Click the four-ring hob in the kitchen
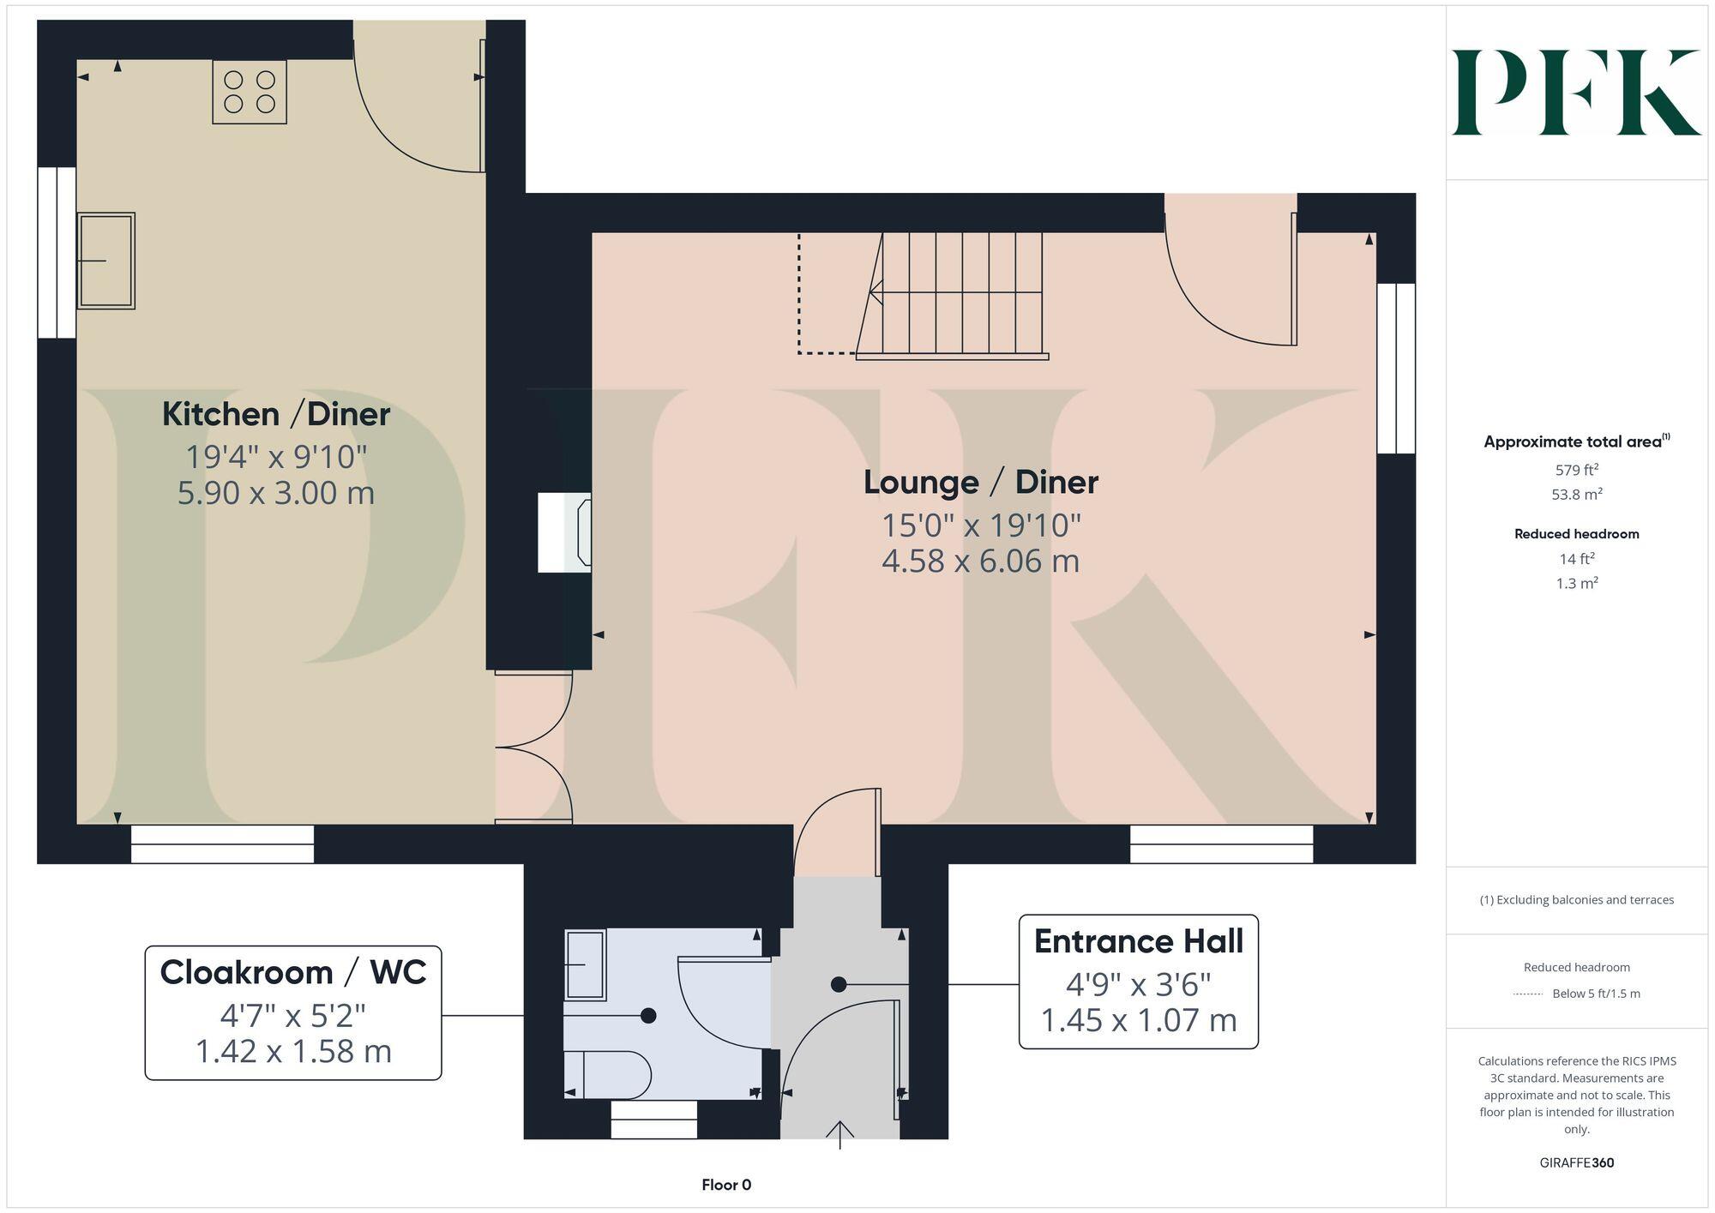tap(250, 92)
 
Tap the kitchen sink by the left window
tap(105, 261)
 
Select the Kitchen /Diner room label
tap(276, 414)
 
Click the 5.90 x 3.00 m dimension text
tap(276, 493)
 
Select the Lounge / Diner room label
tap(980, 482)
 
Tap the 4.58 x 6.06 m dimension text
tap(980, 561)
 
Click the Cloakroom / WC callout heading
tap(293, 973)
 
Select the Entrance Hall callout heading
tap(1138, 941)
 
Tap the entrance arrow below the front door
tap(839, 1134)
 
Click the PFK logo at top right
tap(1575, 93)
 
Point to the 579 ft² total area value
tap(1576, 470)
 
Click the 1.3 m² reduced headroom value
tap(1576, 584)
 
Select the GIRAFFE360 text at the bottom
tap(1576, 1163)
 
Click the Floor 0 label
tap(726, 1185)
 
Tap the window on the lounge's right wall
tap(1395, 368)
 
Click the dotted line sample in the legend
tap(1528, 994)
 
